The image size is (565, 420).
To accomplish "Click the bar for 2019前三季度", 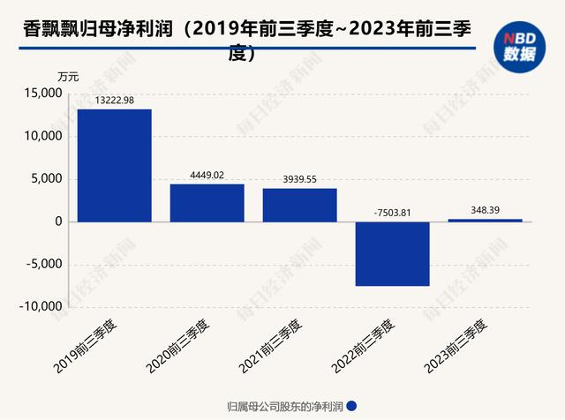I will click(x=114, y=165).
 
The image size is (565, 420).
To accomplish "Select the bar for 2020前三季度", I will click(x=207, y=202).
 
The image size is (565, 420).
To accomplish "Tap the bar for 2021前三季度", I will click(x=299, y=205).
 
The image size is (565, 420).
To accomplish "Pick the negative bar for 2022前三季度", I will click(x=392, y=253).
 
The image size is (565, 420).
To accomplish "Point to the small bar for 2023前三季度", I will click(x=485, y=220).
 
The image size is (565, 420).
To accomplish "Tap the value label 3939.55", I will click(x=299, y=178).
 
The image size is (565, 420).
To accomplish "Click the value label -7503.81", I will click(x=392, y=212).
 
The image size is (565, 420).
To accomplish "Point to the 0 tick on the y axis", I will click(x=56, y=221).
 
